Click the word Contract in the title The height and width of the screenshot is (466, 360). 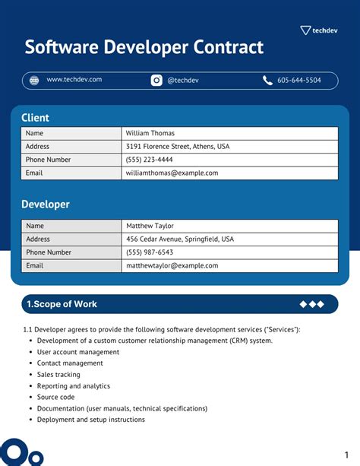click(226, 48)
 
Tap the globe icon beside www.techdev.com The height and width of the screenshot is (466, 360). click(34, 80)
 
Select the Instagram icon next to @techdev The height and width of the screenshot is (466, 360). click(156, 80)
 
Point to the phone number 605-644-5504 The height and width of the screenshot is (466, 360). click(298, 80)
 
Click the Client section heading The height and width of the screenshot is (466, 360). click(35, 118)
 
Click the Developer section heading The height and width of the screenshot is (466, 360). click(46, 204)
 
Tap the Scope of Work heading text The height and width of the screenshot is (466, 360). click(62, 304)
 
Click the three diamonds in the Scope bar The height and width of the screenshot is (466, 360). click(311, 304)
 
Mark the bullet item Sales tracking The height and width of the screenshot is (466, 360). click(58, 375)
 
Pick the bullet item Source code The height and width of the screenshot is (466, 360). click(56, 397)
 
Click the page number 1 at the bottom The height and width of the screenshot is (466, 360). click(346, 449)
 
